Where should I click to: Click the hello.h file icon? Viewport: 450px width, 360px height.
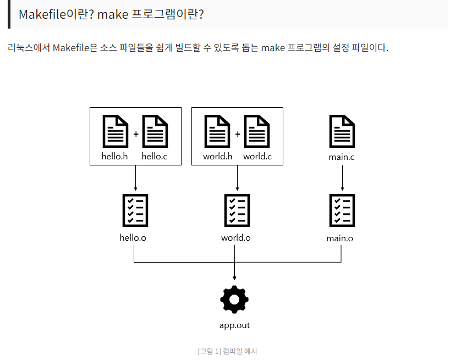click(x=115, y=131)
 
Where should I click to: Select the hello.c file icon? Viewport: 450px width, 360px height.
click(x=155, y=131)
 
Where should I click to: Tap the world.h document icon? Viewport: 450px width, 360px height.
click(x=217, y=131)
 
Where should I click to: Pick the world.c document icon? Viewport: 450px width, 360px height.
click(x=257, y=131)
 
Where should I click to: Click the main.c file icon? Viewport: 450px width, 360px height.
click(x=342, y=131)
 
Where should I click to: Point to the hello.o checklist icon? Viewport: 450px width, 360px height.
click(x=135, y=211)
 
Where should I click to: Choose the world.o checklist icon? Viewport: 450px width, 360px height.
click(x=237, y=211)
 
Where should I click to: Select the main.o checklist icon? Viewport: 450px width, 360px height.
click(x=342, y=211)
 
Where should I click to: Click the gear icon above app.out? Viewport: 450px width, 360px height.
click(x=234, y=300)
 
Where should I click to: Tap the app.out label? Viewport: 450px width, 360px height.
click(x=234, y=325)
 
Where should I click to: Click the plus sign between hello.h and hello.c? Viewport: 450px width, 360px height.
click(x=135, y=134)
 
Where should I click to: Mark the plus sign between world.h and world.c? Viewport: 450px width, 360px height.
click(x=237, y=134)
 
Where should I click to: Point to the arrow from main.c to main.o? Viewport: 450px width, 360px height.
click(x=342, y=177)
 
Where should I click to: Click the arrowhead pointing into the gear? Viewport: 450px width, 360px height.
click(x=234, y=278)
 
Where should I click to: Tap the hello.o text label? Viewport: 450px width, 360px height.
click(x=133, y=238)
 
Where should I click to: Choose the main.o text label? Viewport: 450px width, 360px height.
click(x=339, y=239)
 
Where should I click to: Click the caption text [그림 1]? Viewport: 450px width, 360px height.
click(x=209, y=351)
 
